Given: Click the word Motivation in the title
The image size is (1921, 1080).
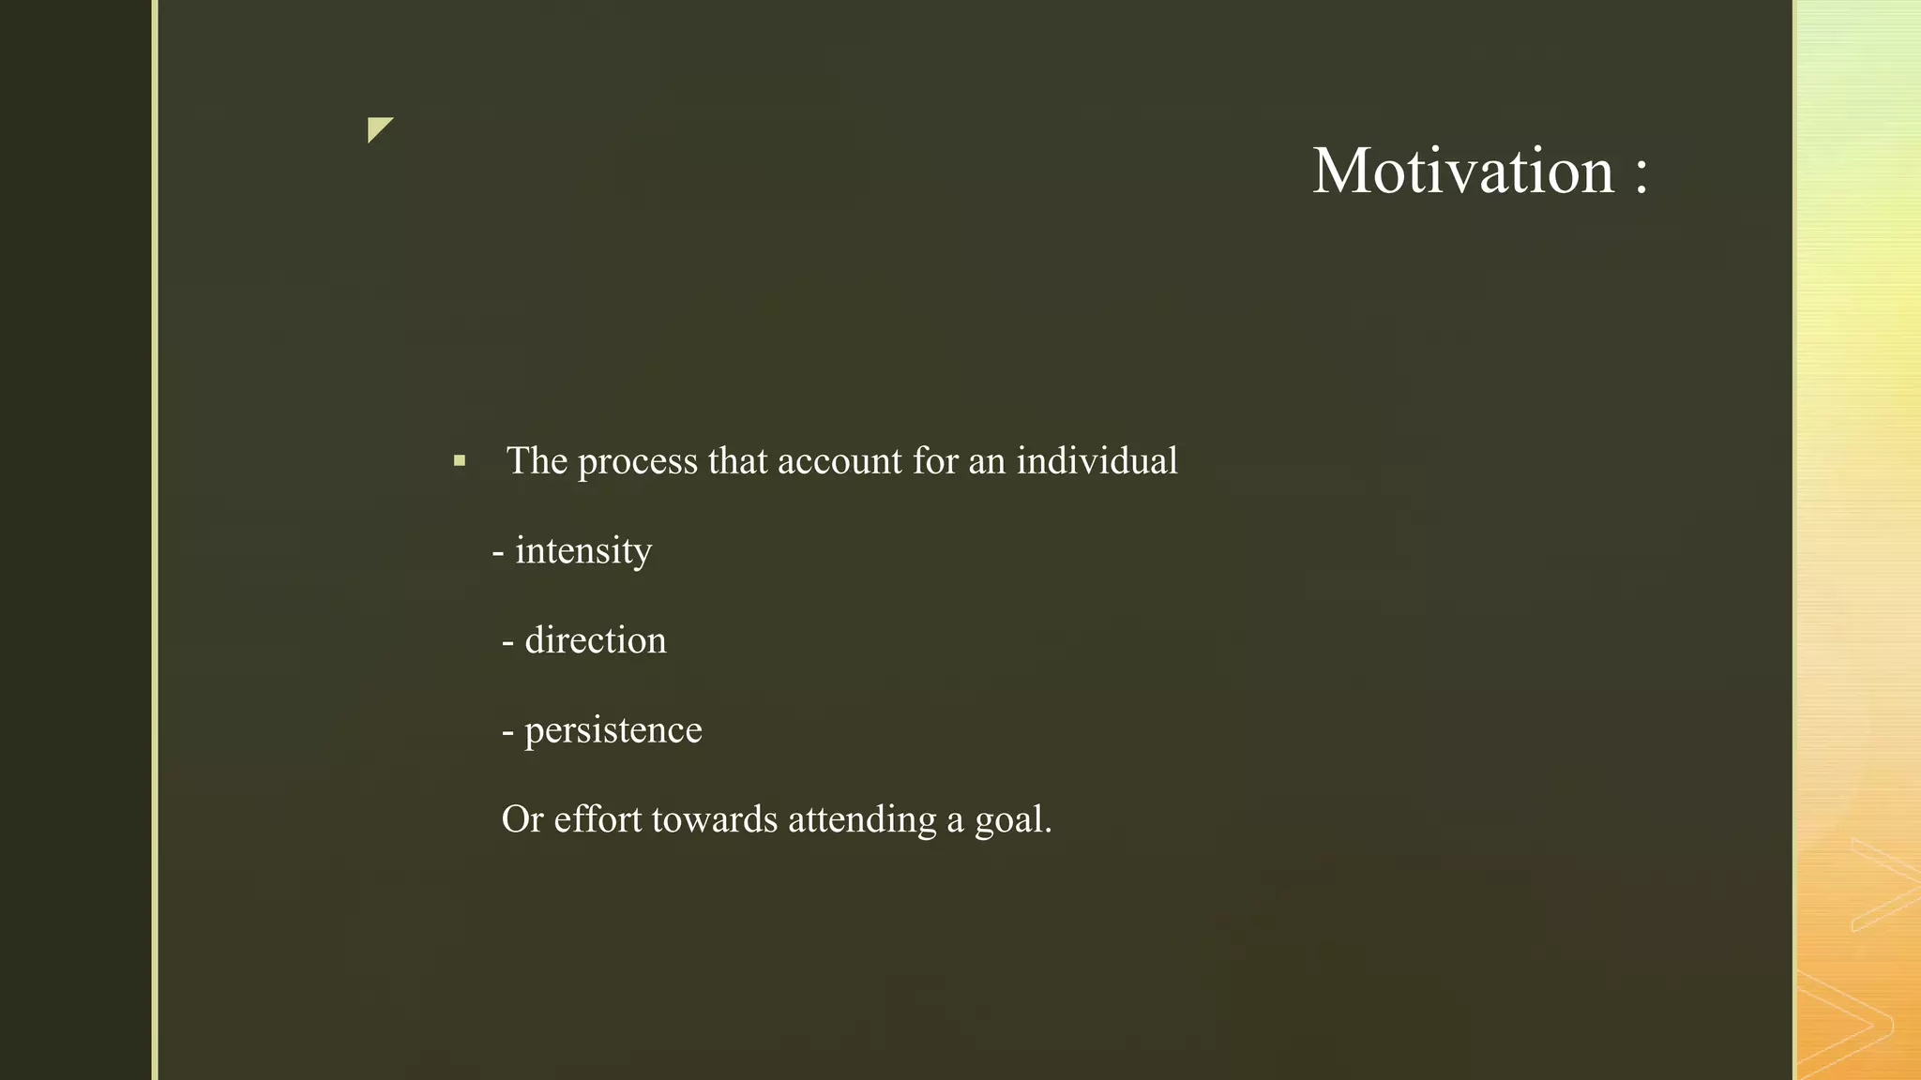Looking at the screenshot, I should [1462, 172].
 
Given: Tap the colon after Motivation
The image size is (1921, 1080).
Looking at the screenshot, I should [1641, 173].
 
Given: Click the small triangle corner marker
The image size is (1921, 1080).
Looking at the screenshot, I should [378, 128].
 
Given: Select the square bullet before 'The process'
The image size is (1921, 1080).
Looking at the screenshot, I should [459, 461].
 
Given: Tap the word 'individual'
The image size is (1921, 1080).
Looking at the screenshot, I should [1097, 461].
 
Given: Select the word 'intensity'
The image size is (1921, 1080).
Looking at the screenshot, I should [583, 551].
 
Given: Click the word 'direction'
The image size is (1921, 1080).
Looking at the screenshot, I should [596, 641].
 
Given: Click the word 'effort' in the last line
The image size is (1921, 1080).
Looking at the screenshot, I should [597, 820].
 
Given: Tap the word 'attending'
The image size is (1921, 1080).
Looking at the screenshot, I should [862, 820].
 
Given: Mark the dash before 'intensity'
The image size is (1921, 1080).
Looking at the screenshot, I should [498, 552].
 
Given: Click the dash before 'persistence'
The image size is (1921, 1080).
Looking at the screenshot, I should [507, 732].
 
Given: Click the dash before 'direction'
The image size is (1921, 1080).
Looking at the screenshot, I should [507, 642].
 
